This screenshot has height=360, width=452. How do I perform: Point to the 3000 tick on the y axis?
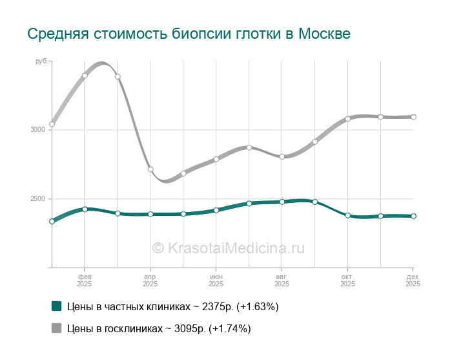click(x=37, y=130)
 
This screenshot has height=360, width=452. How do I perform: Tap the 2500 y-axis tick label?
click(x=37, y=199)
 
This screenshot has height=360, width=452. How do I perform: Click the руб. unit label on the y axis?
click(x=41, y=61)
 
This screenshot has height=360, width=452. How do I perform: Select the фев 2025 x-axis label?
click(x=84, y=280)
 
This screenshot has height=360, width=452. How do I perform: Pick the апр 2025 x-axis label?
click(x=150, y=280)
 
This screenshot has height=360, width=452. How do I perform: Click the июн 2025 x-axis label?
click(x=216, y=280)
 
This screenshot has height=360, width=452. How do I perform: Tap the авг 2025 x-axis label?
click(x=282, y=280)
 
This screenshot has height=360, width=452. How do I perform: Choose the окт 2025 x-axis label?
click(x=347, y=280)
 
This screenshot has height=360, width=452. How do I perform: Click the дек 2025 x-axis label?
click(x=412, y=280)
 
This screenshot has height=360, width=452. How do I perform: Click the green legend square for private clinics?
click(x=56, y=306)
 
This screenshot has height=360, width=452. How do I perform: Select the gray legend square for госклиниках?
click(x=56, y=328)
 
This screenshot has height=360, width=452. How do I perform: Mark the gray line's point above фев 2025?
click(x=85, y=76)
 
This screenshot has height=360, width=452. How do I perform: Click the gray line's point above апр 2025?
click(x=150, y=169)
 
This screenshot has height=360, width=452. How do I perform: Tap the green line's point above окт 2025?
click(x=347, y=215)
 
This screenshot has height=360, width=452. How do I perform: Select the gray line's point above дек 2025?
click(x=413, y=117)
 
